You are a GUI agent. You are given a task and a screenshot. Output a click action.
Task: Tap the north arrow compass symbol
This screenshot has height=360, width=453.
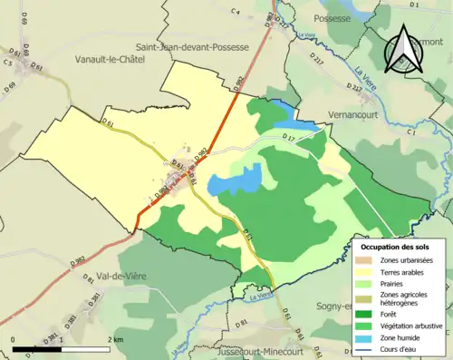(401, 50)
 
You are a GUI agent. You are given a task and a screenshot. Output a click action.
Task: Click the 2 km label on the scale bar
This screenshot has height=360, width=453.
(115, 339)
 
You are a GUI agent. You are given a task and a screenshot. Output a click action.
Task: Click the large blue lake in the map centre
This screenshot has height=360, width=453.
(234, 181)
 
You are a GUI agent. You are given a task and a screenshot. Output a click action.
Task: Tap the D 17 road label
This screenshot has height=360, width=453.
(290, 138)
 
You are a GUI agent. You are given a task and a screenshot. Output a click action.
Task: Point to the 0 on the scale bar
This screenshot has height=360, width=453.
(13, 339)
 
